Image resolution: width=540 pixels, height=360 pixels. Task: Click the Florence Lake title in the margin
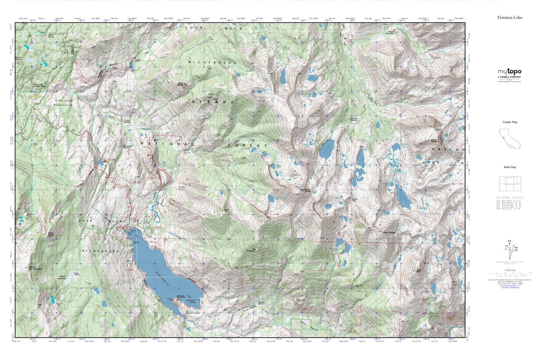click(509, 17)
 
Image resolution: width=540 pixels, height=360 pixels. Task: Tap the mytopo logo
click(509, 72)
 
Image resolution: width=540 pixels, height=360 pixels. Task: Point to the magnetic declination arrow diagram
click(510, 248)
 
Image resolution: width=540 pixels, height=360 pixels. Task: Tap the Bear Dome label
click(180, 84)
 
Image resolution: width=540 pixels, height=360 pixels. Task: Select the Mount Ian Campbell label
click(36, 268)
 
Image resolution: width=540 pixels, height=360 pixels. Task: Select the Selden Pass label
click(354, 200)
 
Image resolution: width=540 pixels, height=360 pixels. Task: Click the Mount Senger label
click(389, 233)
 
